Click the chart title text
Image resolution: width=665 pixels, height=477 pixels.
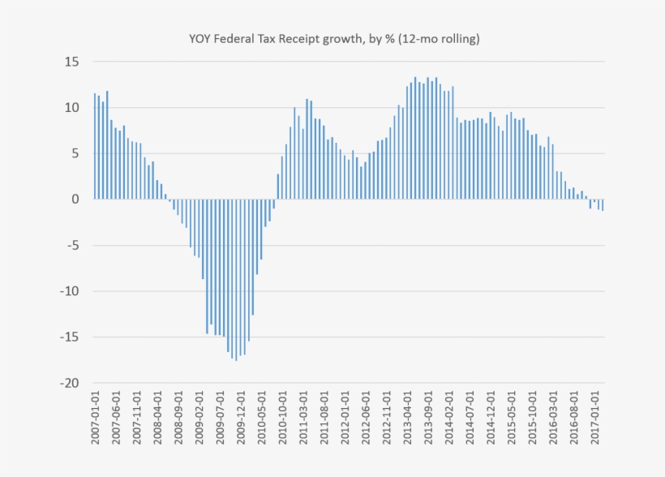click(x=332, y=38)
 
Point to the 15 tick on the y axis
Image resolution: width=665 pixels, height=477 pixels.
click(x=72, y=62)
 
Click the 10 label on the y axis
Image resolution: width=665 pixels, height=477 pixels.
click(x=72, y=107)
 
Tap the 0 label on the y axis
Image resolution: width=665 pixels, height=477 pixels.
click(x=75, y=199)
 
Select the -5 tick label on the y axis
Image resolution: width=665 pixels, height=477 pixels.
click(x=72, y=245)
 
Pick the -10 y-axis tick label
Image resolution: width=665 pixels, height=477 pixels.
click(x=69, y=290)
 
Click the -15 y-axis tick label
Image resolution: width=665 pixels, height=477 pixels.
click(x=69, y=337)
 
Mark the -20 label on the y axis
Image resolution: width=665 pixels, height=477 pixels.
click(x=69, y=383)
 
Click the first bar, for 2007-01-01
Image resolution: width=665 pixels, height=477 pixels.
click(x=94, y=146)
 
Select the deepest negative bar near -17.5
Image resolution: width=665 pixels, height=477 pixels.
click(x=236, y=279)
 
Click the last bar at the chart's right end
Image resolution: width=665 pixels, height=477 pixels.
click(x=603, y=204)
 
